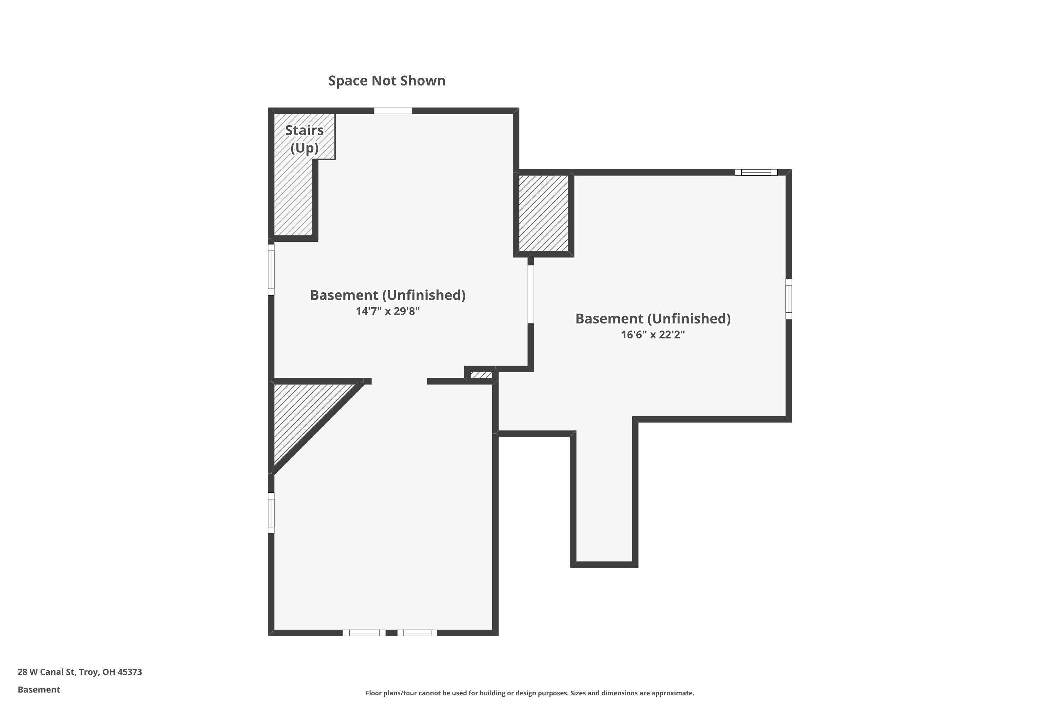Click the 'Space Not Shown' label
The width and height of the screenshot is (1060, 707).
(387, 81)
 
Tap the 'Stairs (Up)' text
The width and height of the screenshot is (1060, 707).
(305, 139)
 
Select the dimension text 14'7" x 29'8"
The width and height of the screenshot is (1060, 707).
(388, 311)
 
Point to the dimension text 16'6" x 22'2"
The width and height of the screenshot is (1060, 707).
(653, 334)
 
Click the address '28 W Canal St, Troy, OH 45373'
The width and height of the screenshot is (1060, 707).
(80, 672)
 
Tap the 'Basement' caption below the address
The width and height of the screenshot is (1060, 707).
(39, 689)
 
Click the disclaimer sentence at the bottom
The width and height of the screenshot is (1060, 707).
(530, 693)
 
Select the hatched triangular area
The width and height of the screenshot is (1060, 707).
(306, 415)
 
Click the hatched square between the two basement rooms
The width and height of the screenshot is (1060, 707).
(543, 213)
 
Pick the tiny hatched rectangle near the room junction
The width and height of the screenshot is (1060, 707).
(481, 375)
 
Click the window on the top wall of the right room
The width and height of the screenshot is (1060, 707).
(756, 172)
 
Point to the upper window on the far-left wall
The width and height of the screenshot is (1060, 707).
(271, 270)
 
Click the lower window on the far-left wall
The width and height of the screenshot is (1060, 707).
(271, 513)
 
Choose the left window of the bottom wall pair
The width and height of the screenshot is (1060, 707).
(364, 633)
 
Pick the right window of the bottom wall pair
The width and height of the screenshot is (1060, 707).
(417, 633)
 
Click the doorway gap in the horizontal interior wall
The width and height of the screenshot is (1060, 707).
(399, 381)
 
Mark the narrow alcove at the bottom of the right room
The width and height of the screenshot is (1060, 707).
(604, 496)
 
